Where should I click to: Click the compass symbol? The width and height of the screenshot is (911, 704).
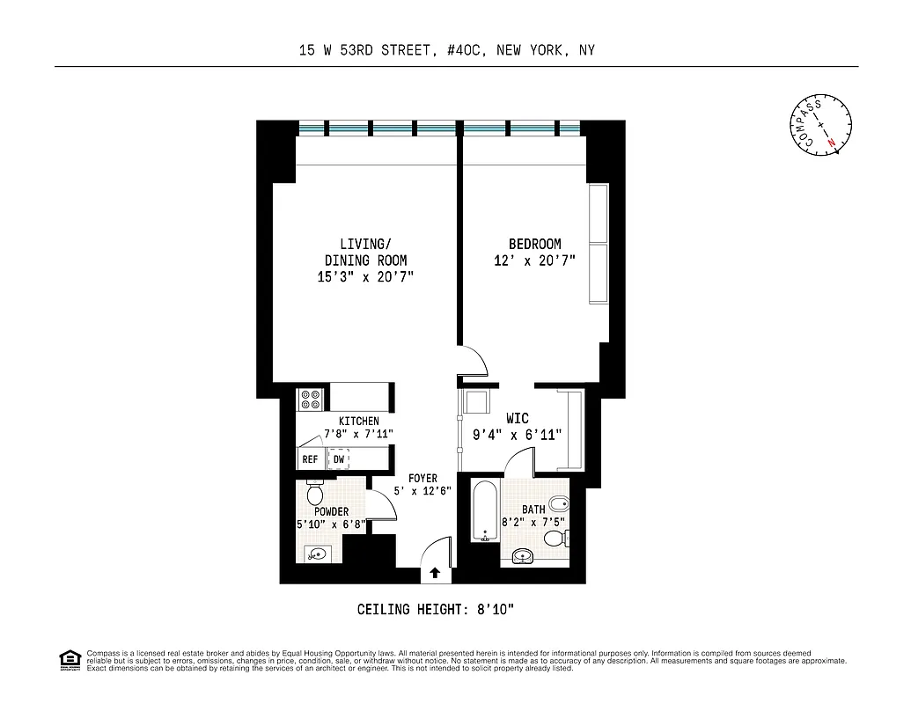click(820, 126)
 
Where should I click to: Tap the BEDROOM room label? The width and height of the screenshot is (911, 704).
click(534, 244)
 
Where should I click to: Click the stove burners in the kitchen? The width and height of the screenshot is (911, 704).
click(311, 400)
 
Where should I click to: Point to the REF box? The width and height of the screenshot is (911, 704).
click(310, 459)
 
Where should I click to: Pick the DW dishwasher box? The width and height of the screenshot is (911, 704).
click(339, 459)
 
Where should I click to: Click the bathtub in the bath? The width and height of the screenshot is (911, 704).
click(485, 510)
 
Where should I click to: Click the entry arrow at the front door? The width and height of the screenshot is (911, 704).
click(435, 574)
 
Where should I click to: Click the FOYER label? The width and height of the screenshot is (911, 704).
click(423, 479)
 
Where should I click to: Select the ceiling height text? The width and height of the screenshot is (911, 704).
click(443, 609)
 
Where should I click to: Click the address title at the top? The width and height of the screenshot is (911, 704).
click(447, 50)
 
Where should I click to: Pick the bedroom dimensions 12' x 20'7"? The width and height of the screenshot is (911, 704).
click(535, 260)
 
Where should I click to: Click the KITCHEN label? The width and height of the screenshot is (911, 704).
click(359, 422)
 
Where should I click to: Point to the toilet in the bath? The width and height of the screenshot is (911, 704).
click(560, 506)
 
